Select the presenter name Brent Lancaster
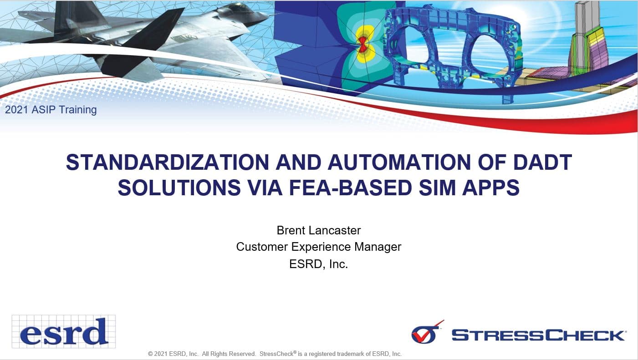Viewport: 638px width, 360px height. (318, 230)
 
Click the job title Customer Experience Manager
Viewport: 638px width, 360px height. (318, 247)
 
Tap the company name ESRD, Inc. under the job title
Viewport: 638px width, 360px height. (318, 264)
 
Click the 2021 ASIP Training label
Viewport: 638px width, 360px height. (51, 110)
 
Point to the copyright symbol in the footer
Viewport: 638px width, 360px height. (150, 354)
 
